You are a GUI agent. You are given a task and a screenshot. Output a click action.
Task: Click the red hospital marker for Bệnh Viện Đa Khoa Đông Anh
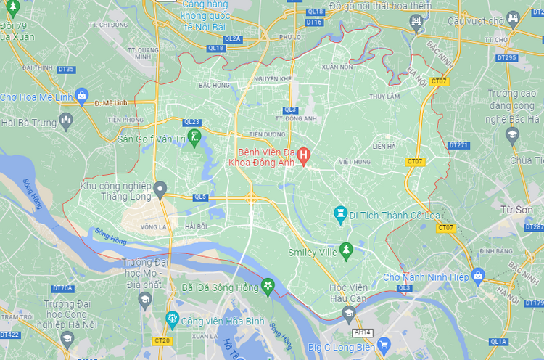304,155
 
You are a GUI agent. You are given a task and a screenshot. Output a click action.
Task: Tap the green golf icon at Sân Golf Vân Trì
194,136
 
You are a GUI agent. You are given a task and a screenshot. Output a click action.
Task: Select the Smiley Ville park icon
345,250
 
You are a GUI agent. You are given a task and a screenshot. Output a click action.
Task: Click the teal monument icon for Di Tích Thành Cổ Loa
339,214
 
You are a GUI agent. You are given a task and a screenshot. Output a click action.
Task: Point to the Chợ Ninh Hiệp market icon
478,274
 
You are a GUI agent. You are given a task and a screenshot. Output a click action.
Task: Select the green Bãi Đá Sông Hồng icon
268,287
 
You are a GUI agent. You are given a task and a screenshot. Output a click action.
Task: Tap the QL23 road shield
192,122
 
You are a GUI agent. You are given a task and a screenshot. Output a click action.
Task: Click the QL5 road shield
200,197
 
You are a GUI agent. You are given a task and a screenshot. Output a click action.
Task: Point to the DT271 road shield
458,145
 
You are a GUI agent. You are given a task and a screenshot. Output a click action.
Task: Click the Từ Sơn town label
516,210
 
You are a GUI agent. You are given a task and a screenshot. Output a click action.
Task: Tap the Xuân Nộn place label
336,66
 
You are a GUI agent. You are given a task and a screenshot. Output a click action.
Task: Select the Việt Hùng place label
353,162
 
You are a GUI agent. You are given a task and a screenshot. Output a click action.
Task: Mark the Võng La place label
154,226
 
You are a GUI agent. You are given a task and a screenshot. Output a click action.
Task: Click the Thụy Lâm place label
384,97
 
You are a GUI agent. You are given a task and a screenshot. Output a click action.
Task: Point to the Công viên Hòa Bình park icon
172,318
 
